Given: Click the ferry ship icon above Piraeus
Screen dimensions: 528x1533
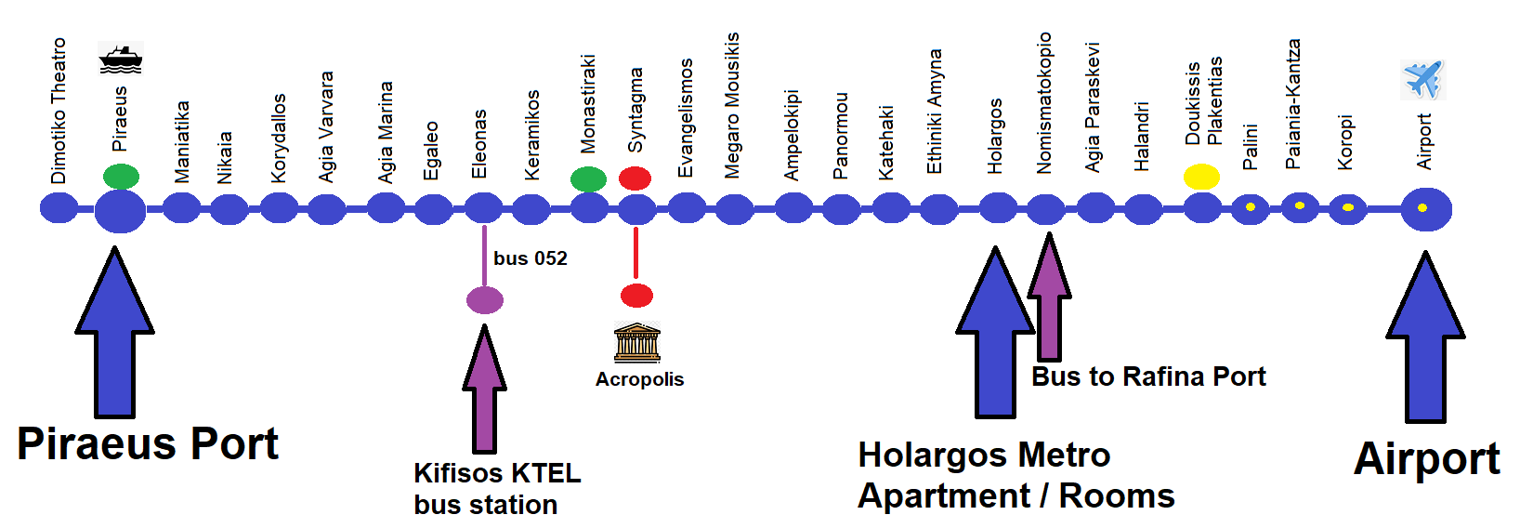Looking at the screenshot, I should [x=121, y=59].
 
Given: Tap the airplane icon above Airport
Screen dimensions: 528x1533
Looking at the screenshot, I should [x=1422, y=79].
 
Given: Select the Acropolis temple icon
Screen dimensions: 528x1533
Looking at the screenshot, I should [x=637, y=342].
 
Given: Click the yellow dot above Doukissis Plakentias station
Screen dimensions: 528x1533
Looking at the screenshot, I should [x=1201, y=177].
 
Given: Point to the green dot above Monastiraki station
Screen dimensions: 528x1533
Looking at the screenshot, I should [x=588, y=178].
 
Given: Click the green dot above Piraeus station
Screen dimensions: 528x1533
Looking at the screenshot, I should [x=121, y=176].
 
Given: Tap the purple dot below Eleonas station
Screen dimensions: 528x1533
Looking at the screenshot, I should [x=484, y=300].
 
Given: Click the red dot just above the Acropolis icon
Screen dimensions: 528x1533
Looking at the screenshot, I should [x=636, y=296].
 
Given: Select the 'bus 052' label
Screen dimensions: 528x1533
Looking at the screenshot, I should [x=531, y=258].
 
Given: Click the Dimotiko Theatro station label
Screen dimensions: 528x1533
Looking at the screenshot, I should [x=59, y=111].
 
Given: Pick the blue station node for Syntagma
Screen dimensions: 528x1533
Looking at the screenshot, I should [x=636, y=209].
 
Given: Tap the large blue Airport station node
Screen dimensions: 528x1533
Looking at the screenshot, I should [x=1425, y=209].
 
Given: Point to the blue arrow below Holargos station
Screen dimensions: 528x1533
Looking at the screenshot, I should [x=995, y=335].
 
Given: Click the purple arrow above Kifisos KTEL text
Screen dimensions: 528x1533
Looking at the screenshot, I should [x=484, y=390].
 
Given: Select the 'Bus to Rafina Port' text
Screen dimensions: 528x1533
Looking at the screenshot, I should [x=1148, y=376].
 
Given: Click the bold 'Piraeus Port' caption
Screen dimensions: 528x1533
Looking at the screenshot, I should [x=148, y=443].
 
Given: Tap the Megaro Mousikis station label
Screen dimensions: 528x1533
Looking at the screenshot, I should [x=733, y=105].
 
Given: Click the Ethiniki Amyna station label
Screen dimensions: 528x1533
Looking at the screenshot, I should [x=935, y=112].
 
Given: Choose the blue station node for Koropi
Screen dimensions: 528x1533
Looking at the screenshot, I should [x=1347, y=208].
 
